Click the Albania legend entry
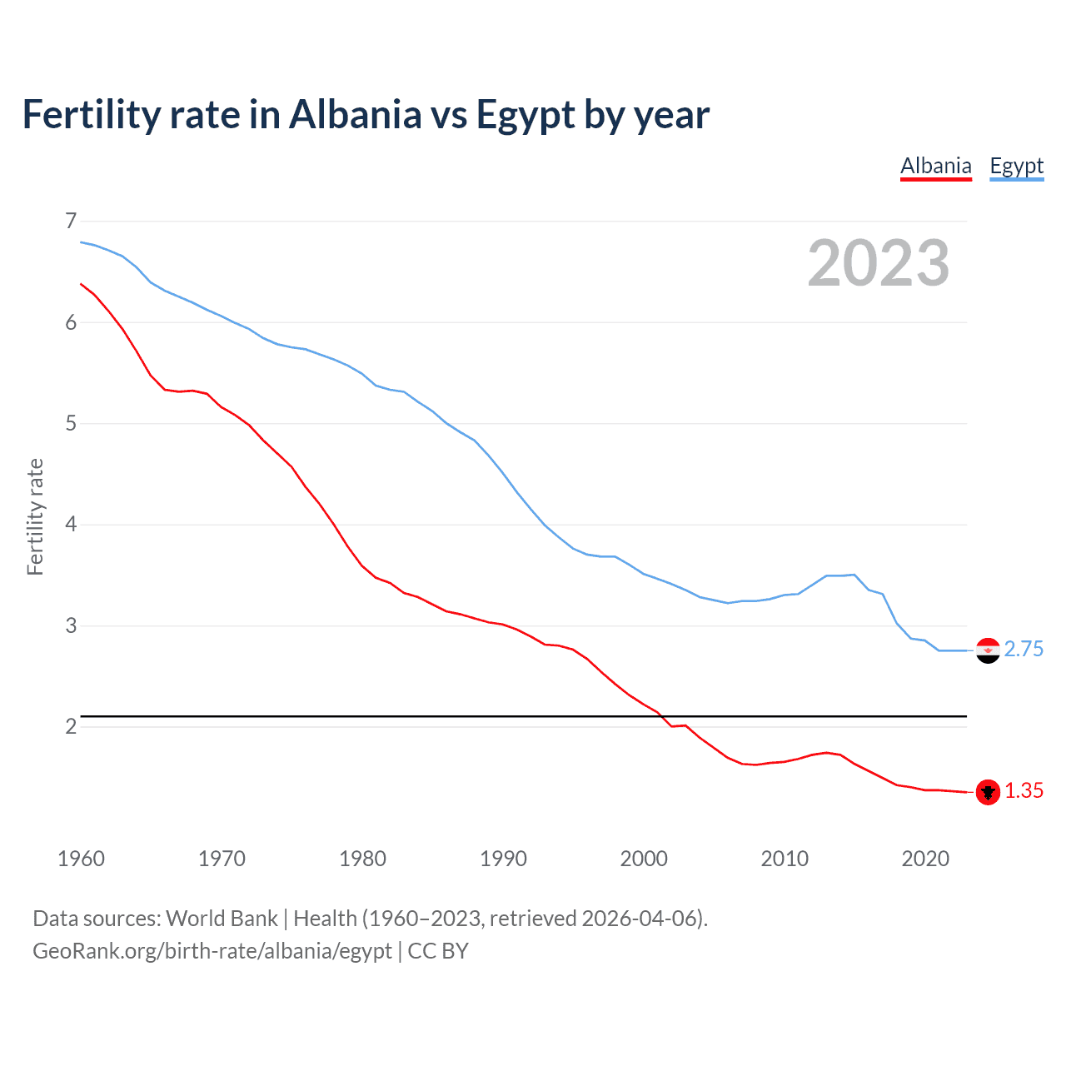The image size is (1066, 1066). point(936,166)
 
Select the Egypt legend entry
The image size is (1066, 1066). point(1016,166)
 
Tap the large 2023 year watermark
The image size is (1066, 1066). point(878,263)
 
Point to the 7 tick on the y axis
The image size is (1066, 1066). point(71,221)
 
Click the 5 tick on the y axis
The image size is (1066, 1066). point(71,423)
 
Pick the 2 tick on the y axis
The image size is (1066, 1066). point(71,726)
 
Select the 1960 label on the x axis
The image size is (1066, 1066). point(81,859)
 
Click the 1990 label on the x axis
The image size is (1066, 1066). point(503,859)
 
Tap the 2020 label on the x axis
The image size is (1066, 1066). point(925,859)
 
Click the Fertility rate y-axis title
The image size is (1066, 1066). point(35,516)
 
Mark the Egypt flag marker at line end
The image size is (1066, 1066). point(988,650)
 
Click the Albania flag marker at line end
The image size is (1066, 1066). point(988,792)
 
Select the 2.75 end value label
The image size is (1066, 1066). point(1024,650)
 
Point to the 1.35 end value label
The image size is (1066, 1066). point(1024,791)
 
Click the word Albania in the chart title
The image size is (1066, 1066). point(356,114)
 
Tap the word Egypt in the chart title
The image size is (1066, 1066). point(525,116)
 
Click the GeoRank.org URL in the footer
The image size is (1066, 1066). point(212,951)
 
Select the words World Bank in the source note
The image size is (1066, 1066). point(222,919)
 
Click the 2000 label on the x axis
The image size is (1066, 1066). point(644,859)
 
